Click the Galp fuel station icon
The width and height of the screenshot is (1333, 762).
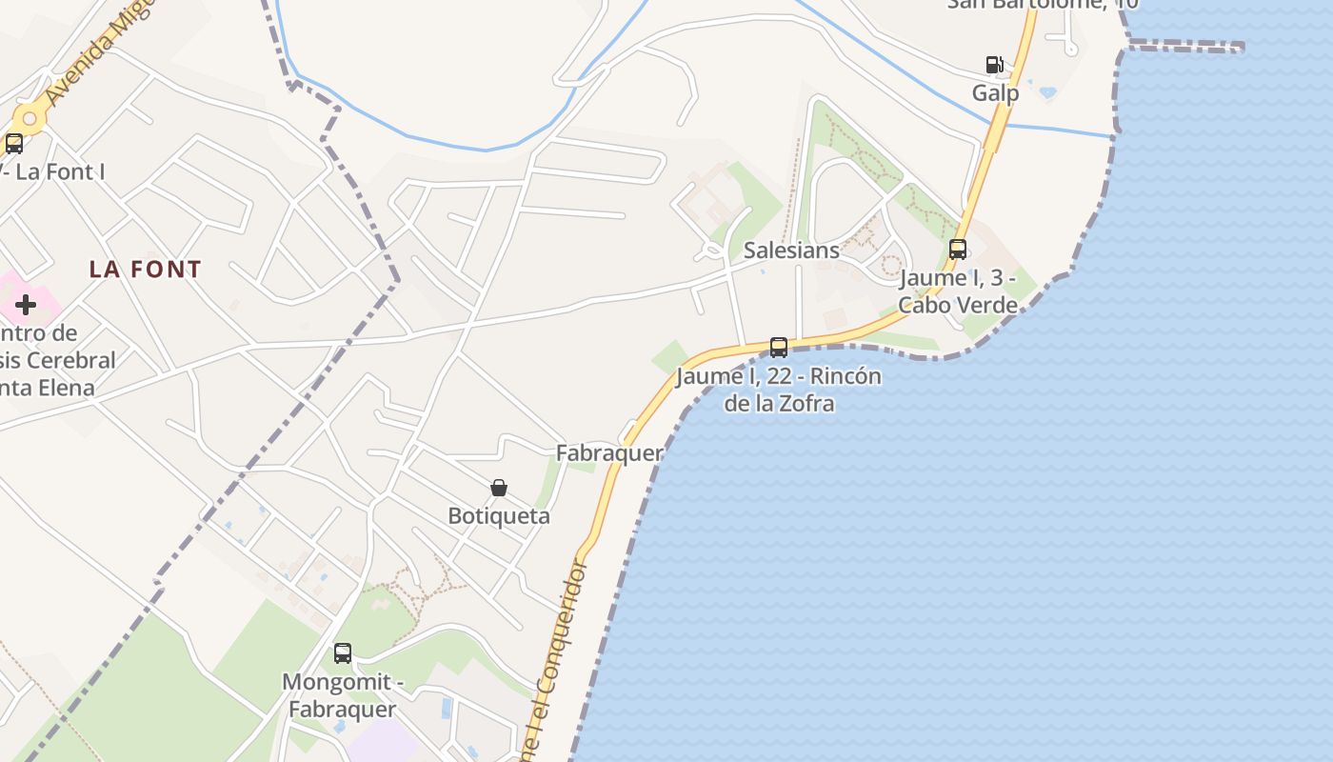[x=994, y=65]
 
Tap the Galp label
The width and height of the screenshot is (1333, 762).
[x=995, y=92]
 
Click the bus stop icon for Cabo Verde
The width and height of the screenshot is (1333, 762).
[x=958, y=250]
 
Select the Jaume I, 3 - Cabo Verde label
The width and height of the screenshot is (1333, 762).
[x=958, y=291]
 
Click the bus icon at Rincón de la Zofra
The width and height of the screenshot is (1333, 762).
[x=779, y=348]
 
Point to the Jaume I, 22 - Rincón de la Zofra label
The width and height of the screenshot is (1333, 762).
[x=779, y=390]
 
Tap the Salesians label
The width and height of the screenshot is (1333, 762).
[x=791, y=251]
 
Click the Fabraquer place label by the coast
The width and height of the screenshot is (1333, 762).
[x=609, y=452]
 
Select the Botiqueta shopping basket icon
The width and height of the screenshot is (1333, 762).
[x=499, y=488]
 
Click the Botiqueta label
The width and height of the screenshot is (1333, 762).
[x=499, y=515]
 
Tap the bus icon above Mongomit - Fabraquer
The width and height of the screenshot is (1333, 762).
[x=343, y=653]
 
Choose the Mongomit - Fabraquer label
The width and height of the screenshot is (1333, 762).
[x=342, y=695]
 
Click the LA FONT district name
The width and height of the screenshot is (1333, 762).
[x=146, y=270]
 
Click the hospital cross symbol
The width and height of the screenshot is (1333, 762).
[x=26, y=305]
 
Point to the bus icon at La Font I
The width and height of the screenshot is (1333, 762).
[x=14, y=144]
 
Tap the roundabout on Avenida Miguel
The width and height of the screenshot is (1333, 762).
[x=30, y=119]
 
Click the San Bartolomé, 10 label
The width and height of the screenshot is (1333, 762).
[x=1043, y=4]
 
